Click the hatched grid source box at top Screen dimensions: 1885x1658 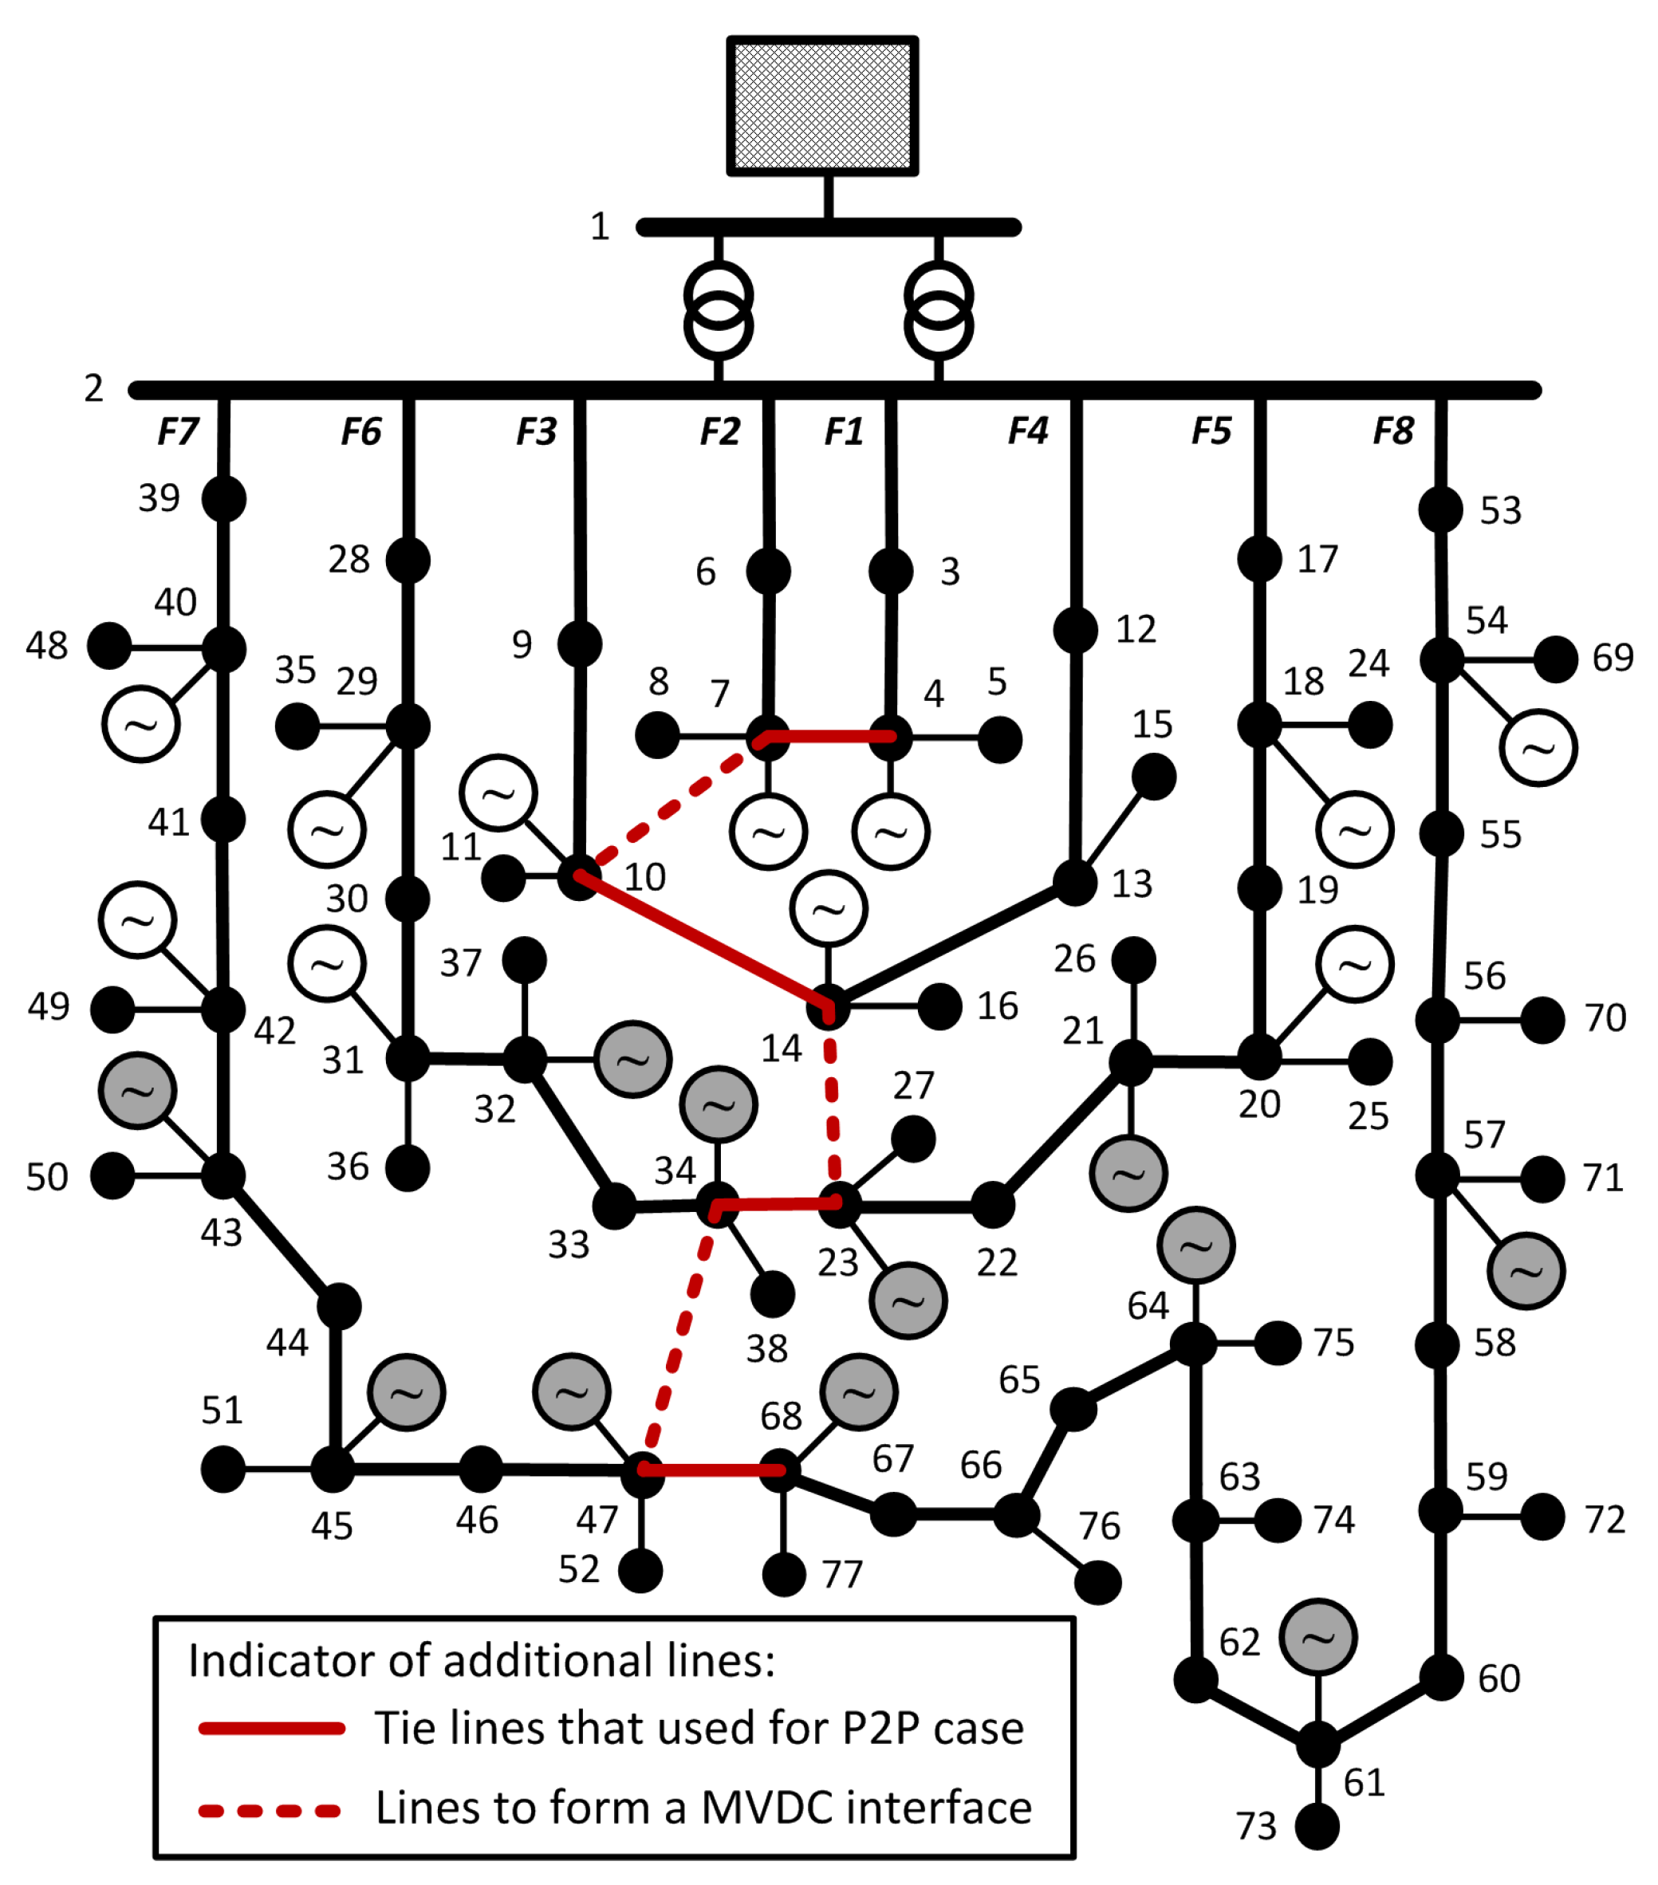point(821,105)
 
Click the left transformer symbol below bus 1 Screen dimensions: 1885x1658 point(719,311)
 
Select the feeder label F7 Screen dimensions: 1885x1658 point(178,431)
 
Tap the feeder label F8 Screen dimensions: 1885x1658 point(1392,431)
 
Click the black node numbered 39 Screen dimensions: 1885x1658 point(224,499)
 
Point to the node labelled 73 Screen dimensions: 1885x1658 point(1317,1827)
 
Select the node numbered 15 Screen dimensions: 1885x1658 point(1152,777)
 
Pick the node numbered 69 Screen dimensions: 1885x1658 point(1556,659)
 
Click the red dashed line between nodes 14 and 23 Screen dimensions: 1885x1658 point(833,1107)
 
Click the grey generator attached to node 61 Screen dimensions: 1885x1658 point(1317,1637)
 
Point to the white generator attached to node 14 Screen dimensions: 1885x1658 point(828,908)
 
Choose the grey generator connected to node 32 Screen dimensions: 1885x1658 point(632,1060)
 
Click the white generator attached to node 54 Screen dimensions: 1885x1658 point(1538,748)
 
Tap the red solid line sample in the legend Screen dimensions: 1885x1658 point(272,1728)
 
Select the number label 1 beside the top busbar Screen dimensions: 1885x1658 point(601,226)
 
